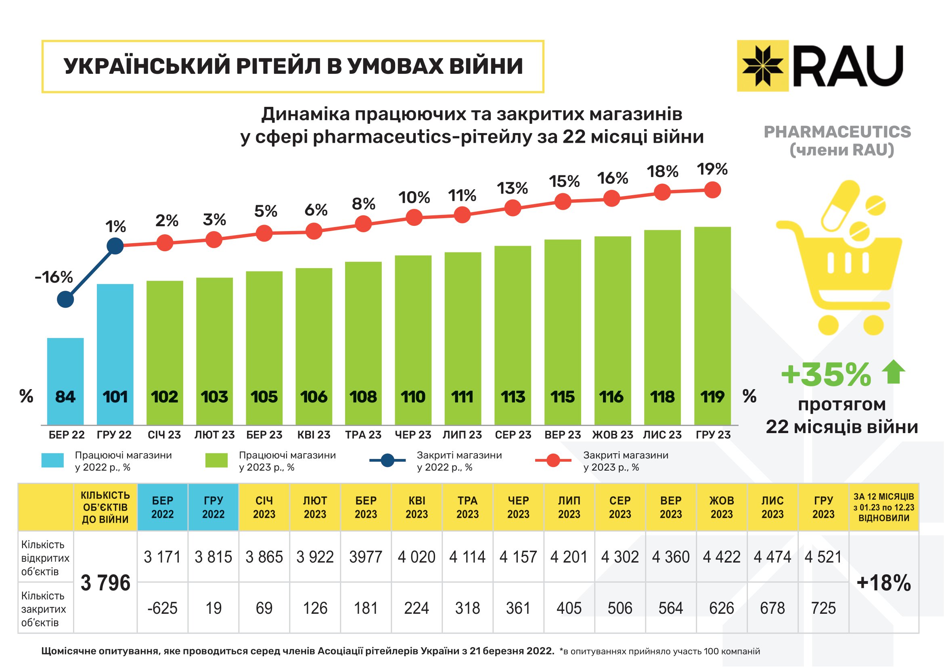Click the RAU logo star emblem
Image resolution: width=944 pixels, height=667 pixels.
762,66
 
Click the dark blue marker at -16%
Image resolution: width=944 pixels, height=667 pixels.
65,299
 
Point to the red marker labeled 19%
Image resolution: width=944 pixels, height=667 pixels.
712,190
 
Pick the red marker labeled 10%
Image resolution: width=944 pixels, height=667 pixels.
414,217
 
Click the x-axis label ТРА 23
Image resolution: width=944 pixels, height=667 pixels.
363,435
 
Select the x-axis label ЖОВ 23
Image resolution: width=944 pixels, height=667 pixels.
612,435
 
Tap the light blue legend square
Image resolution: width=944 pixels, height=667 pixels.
52,461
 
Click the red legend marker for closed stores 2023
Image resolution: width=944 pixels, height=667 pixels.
553,461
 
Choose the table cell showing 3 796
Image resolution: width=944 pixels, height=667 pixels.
105,582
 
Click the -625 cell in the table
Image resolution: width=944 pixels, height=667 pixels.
162,608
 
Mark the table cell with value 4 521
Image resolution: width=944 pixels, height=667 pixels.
823,557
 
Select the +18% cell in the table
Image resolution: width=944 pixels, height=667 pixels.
883,582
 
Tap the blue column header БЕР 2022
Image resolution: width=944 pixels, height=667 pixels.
162,507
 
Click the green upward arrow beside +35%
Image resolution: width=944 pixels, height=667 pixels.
894,372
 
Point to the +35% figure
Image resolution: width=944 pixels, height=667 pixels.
826,374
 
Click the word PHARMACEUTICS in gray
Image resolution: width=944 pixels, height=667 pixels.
837,132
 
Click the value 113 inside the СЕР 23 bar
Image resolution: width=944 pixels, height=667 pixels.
513,397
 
